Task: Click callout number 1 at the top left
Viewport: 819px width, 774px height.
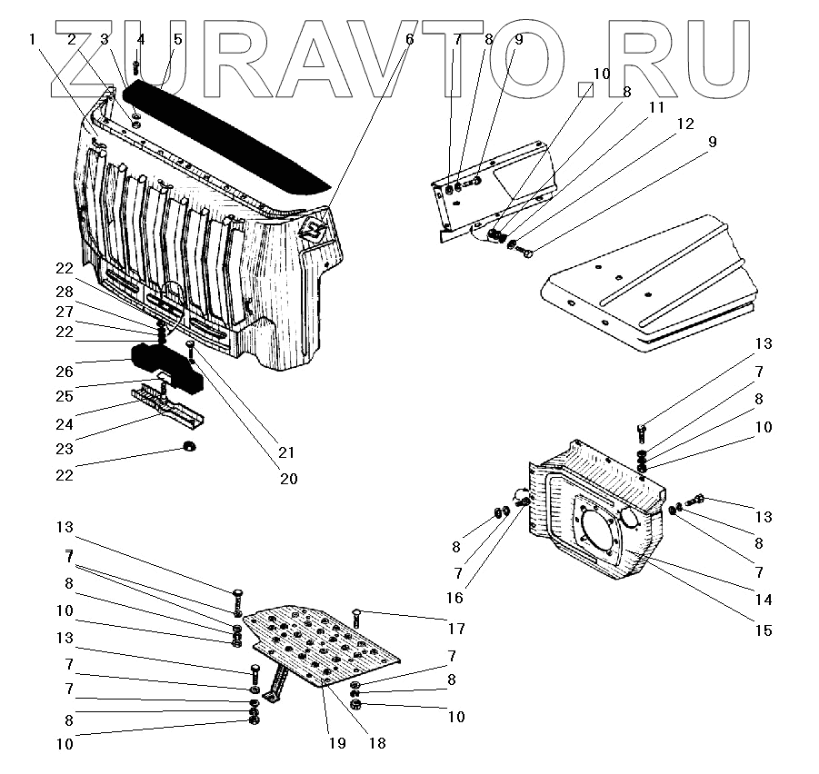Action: (x=33, y=39)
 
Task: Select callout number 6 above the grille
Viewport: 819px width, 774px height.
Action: (x=409, y=39)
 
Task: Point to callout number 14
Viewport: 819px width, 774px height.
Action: (x=764, y=600)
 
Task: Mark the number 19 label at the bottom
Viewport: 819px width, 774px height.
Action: (x=337, y=742)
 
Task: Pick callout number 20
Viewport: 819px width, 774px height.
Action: (x=288, y=478)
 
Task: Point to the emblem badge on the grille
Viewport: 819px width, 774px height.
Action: (x=315, y=228)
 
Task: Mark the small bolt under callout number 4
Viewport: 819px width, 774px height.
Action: (x=135, y=67)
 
